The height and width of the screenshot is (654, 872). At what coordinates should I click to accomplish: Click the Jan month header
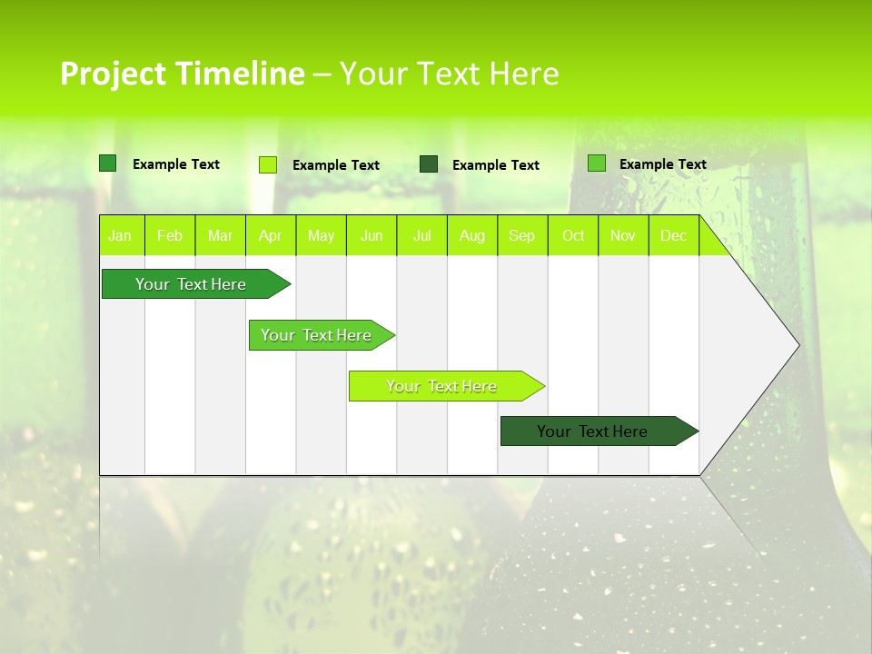[x=120, y=235]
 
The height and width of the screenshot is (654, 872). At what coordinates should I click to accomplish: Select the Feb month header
[x=170, y=235]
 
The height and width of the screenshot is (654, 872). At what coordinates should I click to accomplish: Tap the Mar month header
[x=220, y=235]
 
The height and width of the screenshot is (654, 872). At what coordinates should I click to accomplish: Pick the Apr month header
[x=270, y=235]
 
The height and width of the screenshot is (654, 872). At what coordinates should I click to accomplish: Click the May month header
[x=321, y=235]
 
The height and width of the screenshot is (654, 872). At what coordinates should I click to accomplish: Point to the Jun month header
[x=372, y=235]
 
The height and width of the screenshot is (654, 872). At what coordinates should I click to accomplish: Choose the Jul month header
[x=421, y=235]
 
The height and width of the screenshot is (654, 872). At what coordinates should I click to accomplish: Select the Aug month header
[x=471, y=235]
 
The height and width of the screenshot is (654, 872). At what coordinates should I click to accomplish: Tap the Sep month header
[x=521, y=235]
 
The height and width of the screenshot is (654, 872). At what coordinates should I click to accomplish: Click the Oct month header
[x=573, y=235]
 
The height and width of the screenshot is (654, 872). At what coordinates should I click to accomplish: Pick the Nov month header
[x=623, y=235]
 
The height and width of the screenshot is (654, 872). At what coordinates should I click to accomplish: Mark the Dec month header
[x=673, y=235]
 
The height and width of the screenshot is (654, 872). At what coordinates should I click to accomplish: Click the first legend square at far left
[x=108, y=163]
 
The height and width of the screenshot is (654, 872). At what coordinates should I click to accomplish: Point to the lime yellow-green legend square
[x=268, y=164]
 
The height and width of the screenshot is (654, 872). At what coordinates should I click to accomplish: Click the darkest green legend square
[x=429, y=164]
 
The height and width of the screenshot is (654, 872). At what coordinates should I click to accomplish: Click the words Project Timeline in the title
[x=182, y=74]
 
